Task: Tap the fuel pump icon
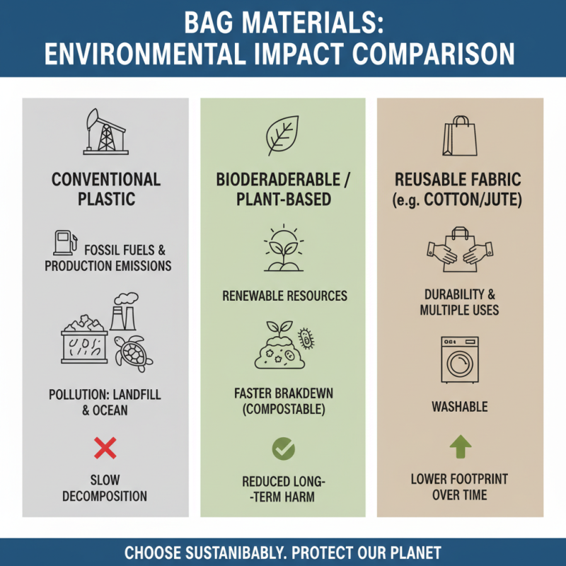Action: pos(64,243)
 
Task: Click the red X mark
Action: pos(105,448)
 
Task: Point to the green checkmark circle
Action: pos(283,448)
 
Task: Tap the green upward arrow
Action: pos(460,447)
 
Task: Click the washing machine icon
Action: pos(460,359)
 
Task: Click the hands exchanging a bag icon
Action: pos(460,248)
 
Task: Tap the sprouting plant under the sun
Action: pos(283,250)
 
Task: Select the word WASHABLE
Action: pos(460,407)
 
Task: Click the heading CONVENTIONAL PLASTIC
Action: pos(105,189)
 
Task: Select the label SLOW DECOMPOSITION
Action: pos(105,487)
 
